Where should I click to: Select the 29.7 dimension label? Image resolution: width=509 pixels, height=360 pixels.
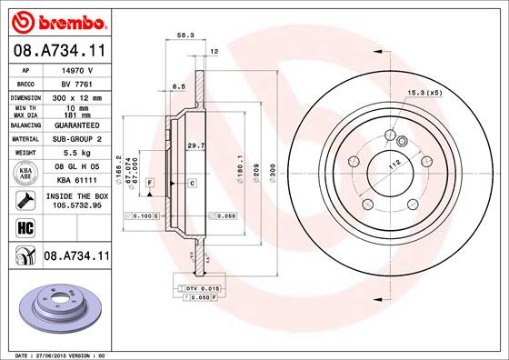tap(195, 145)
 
